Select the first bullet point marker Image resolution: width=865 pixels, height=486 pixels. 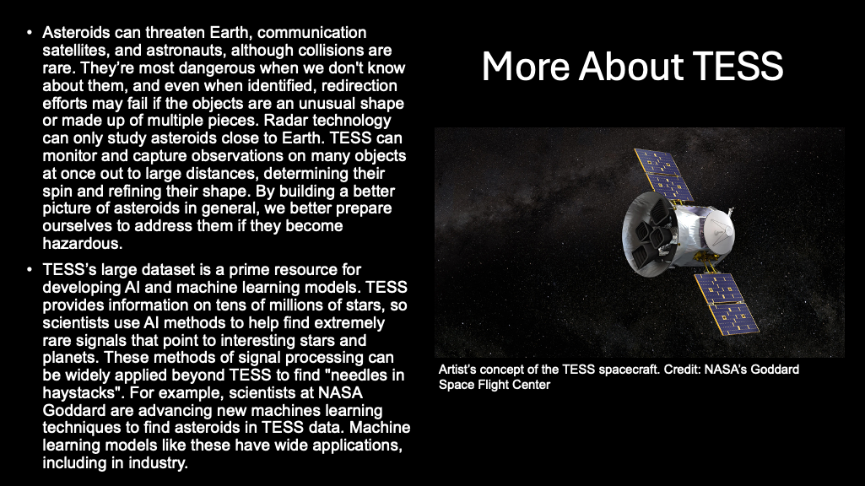pyautogui.click(x=30, y=33)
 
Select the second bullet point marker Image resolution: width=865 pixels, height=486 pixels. pyautogui.click(x=30, y=271)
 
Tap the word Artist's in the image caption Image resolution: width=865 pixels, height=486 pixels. pyautogui.click(x=460, y=370)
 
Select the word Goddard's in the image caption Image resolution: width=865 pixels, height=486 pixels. pyautogui.click(x=772, y=370)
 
